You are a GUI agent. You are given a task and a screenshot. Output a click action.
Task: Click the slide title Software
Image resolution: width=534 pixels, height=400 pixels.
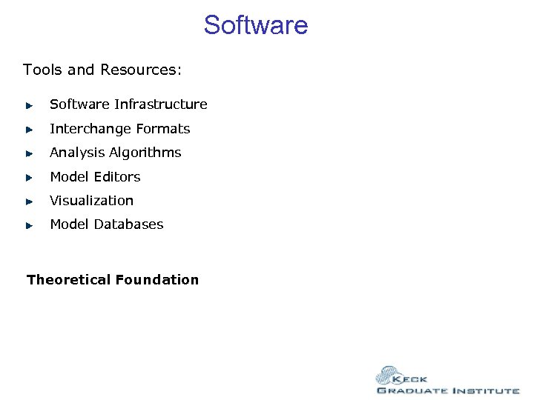click(256, 25)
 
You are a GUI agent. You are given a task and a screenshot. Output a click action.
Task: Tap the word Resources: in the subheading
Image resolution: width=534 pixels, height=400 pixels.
click(141, 70)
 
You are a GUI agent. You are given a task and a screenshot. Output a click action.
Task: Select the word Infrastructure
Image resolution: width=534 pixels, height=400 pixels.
click(161, 104)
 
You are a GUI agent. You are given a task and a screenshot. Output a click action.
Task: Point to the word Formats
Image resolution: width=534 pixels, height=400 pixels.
click(163, 129)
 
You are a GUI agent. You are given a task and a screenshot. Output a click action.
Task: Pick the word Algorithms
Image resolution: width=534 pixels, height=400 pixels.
click(145, 153)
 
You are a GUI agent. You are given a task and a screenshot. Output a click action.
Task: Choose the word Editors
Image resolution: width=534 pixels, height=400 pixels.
click(117, 177)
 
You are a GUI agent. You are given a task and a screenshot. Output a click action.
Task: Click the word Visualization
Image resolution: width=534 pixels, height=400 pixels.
click(92, 201)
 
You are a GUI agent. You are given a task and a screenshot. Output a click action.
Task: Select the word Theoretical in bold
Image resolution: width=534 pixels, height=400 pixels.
click(67, 280)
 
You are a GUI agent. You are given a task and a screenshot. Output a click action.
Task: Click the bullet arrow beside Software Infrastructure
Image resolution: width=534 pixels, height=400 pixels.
click(29, 105)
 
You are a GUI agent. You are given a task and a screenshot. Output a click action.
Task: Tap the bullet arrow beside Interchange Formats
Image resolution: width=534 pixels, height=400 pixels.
click(29, 130)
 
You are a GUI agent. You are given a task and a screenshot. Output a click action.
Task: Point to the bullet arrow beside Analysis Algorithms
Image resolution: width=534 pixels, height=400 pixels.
click(29, 153)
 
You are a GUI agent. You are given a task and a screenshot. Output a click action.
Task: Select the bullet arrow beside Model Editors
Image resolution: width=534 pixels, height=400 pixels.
click(29, 178)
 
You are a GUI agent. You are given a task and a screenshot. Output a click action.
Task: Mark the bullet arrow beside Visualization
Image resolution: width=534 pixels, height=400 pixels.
click(29, 201)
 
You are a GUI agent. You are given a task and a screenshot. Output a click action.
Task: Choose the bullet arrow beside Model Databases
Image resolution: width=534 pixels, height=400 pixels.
click(29, 225)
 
